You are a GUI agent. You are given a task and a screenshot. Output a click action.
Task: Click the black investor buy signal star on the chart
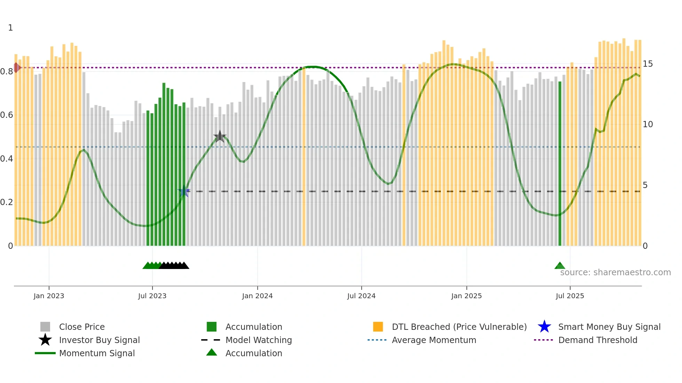coord(220,137)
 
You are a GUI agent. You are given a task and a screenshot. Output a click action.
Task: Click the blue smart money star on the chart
coord(184,191)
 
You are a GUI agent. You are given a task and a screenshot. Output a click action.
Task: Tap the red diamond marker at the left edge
coord(16,67)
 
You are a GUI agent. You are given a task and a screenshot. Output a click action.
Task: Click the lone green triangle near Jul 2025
coord(560,266)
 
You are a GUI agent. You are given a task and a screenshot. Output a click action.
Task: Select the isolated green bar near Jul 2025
coord(560,163)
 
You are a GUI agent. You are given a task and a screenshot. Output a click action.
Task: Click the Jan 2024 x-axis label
coord(257,296)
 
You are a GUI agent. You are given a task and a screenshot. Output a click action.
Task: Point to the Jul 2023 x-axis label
coord(152,296)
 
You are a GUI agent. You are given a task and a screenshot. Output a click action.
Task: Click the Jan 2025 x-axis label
coord(466,296)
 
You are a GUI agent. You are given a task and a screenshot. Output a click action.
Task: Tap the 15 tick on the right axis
coord(648,64)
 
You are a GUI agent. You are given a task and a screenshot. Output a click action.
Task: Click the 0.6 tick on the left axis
coord(7,115)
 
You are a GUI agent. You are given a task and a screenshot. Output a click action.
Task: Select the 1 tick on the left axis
coord(10,28)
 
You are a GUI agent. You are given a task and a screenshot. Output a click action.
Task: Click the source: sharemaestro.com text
coord(615,272)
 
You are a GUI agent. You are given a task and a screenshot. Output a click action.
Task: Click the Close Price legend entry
coord(82,327)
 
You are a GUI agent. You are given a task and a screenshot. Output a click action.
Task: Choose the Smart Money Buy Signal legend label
coord(609,327)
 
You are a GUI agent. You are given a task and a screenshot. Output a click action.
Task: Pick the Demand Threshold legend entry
coord(597,340)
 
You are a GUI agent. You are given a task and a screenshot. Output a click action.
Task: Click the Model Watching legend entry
coord(258,340)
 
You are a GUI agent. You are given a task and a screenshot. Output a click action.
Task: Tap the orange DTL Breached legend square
coord(378,327)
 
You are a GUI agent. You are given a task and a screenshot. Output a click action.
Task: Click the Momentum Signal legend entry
coord(97,353)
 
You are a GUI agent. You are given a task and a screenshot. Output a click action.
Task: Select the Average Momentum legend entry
coord(434,340)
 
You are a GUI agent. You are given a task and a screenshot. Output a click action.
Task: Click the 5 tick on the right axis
coord(645,185)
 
